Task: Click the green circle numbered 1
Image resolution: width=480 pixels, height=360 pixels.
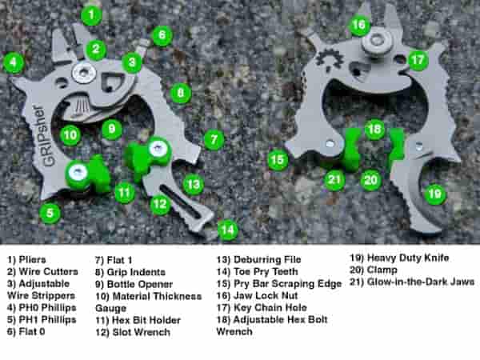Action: (91, 14)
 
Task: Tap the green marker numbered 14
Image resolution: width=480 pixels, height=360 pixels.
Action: (228, 230)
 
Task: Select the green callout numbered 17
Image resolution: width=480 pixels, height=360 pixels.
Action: (418, 60)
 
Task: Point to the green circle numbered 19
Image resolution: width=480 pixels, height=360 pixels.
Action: (434, 194)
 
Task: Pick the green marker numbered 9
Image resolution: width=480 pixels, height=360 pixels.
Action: (112, 129)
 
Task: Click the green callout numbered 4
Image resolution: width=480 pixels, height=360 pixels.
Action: (13, 62)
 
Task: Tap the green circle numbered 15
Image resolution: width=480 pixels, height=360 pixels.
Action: (278, 159)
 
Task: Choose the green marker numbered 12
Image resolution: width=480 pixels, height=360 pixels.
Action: (160, 204)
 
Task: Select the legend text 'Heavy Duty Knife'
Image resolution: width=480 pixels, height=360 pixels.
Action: (408, 258)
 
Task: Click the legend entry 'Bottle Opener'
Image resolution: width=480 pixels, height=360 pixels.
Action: (140, 284)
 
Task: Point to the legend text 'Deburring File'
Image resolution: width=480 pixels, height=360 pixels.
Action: (267, 259)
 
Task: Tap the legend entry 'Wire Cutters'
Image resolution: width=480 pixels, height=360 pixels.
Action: (48, 271)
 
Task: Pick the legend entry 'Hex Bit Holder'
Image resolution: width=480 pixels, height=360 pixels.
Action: (146, 320)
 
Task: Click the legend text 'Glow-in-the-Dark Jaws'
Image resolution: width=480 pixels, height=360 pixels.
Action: (421, 282)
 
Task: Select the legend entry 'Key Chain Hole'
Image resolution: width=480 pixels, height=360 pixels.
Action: (270, 307)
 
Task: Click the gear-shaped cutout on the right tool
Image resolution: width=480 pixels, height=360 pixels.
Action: (329, 58)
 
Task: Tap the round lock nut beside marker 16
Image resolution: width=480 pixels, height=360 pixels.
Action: (376, 42)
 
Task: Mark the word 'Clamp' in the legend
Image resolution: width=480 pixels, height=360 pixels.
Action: (382, 270)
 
